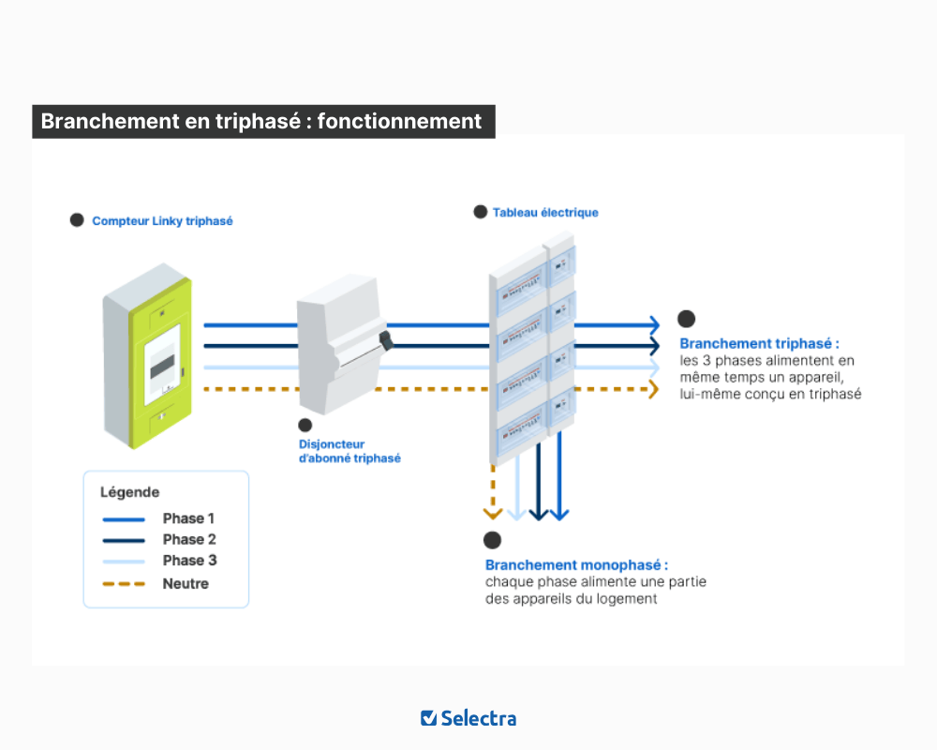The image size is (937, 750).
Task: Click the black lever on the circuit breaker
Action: (383, 338)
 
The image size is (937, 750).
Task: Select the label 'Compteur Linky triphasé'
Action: (162, 221)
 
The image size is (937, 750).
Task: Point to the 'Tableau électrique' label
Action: (545, 213)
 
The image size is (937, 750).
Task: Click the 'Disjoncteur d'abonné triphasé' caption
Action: (349, 451)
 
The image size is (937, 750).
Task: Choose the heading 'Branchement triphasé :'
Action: (759, 344)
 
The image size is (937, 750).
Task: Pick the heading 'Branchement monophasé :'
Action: (576, 565)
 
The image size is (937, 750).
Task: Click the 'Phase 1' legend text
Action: (189, 518)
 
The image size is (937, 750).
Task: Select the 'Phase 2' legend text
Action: (189, 539)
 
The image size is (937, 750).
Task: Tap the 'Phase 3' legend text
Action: (189, 561)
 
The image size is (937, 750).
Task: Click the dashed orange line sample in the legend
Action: (123, 584)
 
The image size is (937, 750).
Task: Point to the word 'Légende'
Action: (129, 492)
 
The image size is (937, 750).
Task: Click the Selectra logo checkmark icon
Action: (428, 718)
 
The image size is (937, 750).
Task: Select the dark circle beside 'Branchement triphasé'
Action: (687, 319)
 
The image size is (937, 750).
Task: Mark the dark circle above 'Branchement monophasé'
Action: (492, 540)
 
